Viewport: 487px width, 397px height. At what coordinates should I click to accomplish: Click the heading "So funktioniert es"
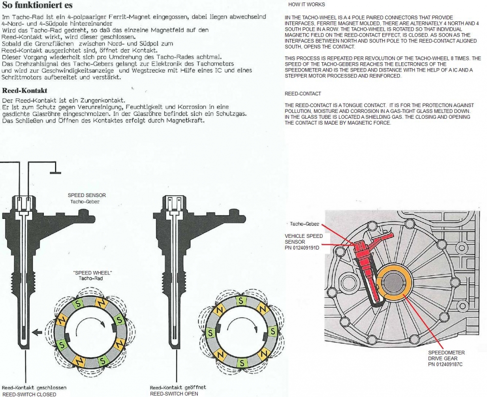(x=37, y=6)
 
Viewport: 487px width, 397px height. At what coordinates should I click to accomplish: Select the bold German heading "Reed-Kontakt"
(x=25, y=90)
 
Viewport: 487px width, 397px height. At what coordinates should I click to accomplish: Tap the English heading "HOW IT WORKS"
(x=306, y=4)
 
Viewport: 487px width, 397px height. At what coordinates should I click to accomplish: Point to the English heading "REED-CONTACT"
(x=303, y=93)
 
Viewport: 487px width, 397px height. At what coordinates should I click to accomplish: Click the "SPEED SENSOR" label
(x=86, y=196)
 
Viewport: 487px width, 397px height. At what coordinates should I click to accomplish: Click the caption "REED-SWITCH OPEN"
(x=174, y=394)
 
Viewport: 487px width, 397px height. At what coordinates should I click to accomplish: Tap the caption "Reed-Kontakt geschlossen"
(x=34, y=388)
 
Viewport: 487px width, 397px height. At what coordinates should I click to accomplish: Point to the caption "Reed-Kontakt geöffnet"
(x=178, y=388)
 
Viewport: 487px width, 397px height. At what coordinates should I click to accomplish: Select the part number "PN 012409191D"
(x=302, y=248)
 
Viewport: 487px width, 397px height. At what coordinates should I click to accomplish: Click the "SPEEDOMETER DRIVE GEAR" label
(x=446, y=355)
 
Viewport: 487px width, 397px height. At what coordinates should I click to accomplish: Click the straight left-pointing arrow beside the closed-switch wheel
(x=37, y=333)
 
